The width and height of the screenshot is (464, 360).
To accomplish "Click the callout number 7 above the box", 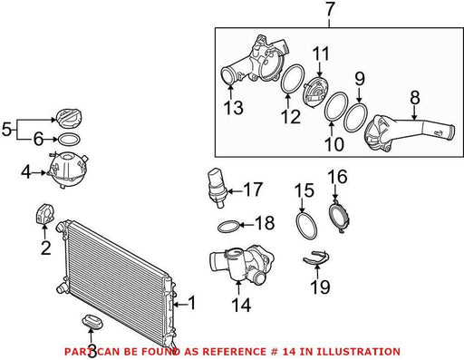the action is pyautogui.click(x=329, y=9).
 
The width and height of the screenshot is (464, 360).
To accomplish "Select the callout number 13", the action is pyautogui.click(x=234, y=108).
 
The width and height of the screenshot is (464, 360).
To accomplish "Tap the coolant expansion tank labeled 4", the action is pyautogui.click(x=67, y=170).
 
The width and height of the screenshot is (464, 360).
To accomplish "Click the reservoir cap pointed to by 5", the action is pyautogui.click(x=69, y=119).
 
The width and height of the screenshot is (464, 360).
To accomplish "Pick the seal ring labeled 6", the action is pyautogui.click(x=69, y=140).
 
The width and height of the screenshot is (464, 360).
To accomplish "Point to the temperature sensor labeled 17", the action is pyautogui.click(x=217, y=187).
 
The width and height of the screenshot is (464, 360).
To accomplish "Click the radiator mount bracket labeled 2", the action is pyautogui.click(x=44, y=215).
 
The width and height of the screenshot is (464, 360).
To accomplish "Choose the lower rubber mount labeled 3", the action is pyautogui.click(x=92, y=321).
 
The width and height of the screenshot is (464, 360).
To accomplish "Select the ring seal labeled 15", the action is pyautogui.click(x=306, y=226).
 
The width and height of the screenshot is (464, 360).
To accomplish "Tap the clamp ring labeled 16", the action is pyautogui.click(x=339, y=217).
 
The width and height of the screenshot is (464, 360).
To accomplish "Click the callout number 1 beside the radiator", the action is pyautogui.click(x=192, y=303).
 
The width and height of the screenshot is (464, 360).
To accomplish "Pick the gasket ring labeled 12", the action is pyautogui.click(x=293, y=79).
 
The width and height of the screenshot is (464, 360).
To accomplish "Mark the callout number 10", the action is pyautogui.click(x=334, y=144).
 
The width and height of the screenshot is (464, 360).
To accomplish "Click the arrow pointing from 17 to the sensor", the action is pyautogui.click(x=235, y=191).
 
